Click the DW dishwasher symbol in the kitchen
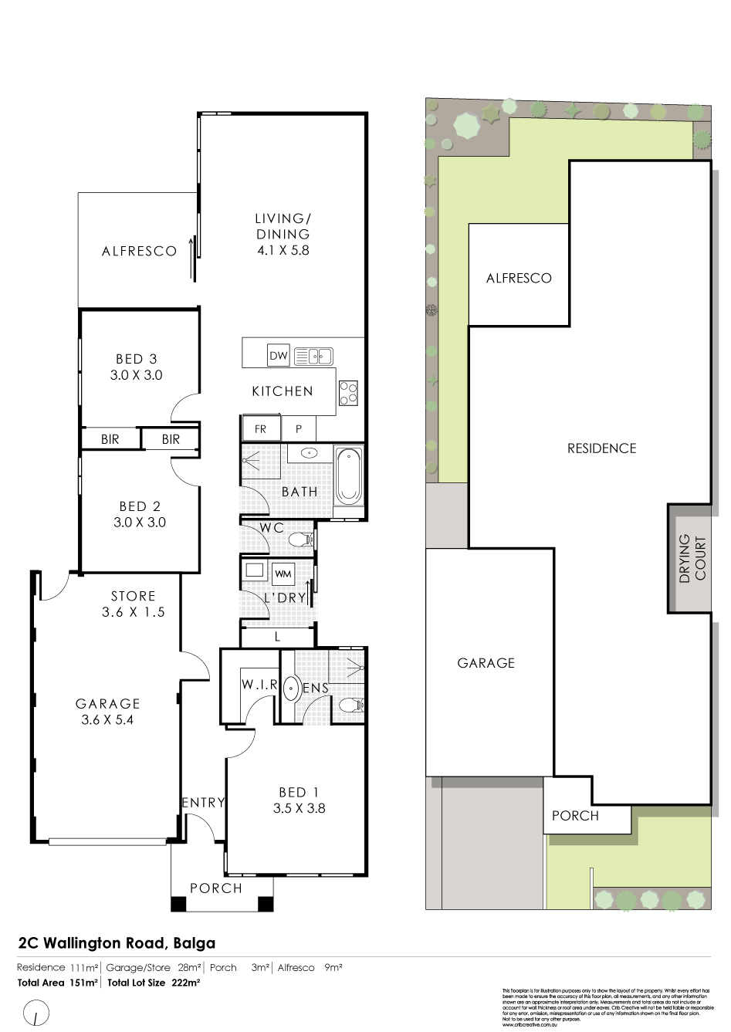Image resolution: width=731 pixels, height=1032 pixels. pyautogui.click(x=278, y=356)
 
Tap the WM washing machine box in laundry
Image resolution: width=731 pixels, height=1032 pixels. pyautogui.click(x=283, y=574)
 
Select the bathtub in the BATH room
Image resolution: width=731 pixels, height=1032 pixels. pyautogui.click(x=348, y=475)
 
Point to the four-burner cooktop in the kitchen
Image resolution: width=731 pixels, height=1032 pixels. pyautogui.click(x=348, y=394)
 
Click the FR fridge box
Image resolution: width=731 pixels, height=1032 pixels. pyautogui.click(x=260, y=429)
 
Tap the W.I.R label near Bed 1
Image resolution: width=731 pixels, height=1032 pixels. pyautogui.click(x=259, y=685)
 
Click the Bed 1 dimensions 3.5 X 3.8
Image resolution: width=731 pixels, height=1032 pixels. pyautogui.click(x=299, y=809)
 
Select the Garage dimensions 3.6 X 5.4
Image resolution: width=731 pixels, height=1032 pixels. pyautogui.click(x=107, y=720)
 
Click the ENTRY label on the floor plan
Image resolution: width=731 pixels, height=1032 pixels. pyautogui.click(x=203, y=803)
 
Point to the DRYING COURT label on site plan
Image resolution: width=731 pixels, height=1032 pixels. pyautogui.click(x=692, y=558)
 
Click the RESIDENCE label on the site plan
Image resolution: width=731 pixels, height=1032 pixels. pyautogui.click(x=601, y=448)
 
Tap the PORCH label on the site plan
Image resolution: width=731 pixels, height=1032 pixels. pyautogui.click(x=575, y=816)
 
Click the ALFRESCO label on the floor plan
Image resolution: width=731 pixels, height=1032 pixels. pyautogui.click(x=139, y=252)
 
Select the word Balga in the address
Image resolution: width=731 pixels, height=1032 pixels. pyautogui.click(x=194, y=943)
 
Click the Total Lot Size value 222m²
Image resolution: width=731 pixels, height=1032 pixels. pyautogui.click(x=186, y=983)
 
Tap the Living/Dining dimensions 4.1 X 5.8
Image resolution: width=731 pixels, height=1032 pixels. pyautogui.click(x=283, y=251)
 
